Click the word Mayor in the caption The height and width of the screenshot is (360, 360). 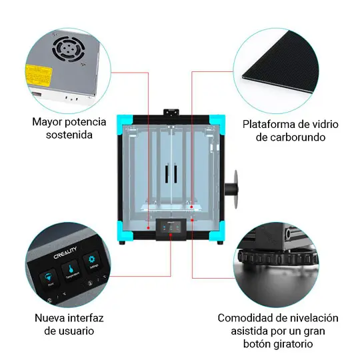pyautogui.click(x=48, y=122)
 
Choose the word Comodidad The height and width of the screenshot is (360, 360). pyautogui.click(x=249, y=318)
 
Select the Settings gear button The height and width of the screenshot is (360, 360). pyautogui.click(x=92, y=261)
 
